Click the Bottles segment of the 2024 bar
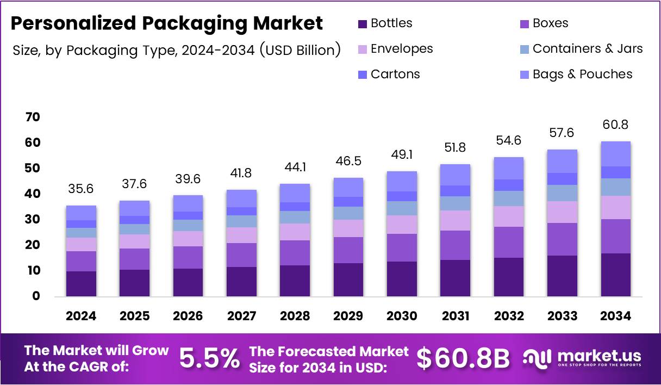pos(81,283)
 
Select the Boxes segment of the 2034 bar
pos(615,236)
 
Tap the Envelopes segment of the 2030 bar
pos(402,225)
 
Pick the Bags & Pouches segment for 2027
pos(241,198)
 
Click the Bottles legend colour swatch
pos(363,24)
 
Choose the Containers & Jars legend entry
pos(587,49)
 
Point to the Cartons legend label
pos(395,74)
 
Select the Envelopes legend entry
pos(402,49)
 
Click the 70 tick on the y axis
pos(33,117)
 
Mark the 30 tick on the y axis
pos(33,220)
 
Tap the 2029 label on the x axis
pos(348,316)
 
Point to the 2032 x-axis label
pos(509,316)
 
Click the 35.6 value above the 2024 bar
pos(81,189)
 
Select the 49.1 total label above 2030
pos(402,155)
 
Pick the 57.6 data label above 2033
pos(562,133)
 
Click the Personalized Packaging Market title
pos(167,23)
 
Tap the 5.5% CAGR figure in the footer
pos(209,359)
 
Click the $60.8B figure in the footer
pos(463,359)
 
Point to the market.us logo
pos(582,358)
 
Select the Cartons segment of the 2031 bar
pos(455,191)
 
